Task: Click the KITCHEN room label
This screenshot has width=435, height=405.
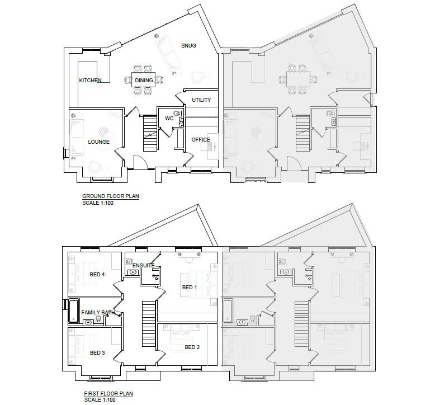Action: pyautogui.click(x=90, y=80)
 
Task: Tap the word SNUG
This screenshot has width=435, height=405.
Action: pyautogui.click(x=188, y=45)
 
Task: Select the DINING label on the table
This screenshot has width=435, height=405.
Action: pyautogui.click(x=144, y=80)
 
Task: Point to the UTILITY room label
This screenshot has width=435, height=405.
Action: pyautogui.click(x=201, y=100)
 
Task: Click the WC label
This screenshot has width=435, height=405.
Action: pyautogui.click(x=169, y=118)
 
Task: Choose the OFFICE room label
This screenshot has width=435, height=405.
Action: pyautogui.click(x=201, y=140)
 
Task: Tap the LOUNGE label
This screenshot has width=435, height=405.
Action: pyautogui.click(x=99, y=142)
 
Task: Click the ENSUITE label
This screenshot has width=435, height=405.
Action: pyautogui.click(x=144, y=266)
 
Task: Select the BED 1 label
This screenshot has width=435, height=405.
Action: pyautogui.click(x=190, y=288)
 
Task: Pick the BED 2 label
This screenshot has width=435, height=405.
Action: pyautogui.click(x=192, y=347)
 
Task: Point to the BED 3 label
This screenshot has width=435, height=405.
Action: pyautogui.click(x=97, y=353)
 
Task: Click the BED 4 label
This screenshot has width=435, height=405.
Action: pyautogui.click(x=97, y=275)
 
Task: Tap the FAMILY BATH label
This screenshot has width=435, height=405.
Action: pyautogui.click(x=98, y=313)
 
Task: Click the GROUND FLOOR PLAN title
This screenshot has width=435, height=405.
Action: pyautogui.click(x=111, y=196)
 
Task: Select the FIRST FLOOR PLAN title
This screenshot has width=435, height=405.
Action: pyautogui.click(x=108, y=394)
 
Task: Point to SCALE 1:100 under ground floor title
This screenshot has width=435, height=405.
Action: pyautogui.click(x=98, y=203)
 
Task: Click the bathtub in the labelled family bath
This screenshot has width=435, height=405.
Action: pyautogui.click(x=74, y=310)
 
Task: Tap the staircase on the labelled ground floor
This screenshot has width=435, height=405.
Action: pyautogui.click(x=150, y=133)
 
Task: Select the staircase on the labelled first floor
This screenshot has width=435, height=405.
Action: pyautogui.click(x=149, y=324)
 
